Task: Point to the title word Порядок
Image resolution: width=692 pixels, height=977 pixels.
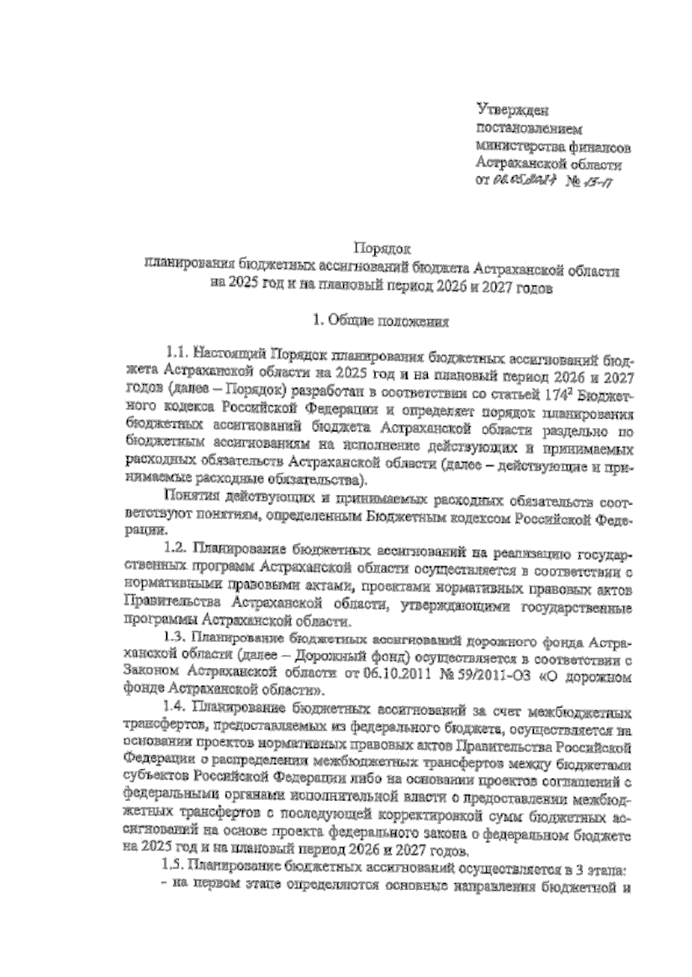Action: pos(381,249)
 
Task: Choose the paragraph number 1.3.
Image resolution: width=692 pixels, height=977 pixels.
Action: pos(178,639)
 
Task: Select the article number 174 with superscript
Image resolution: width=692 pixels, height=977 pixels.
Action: pos(556,397)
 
